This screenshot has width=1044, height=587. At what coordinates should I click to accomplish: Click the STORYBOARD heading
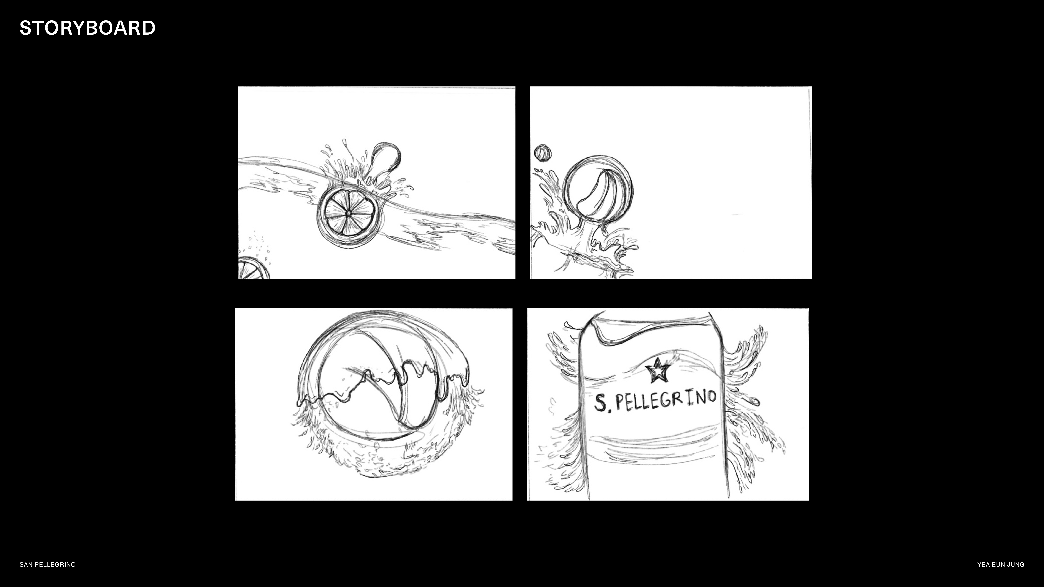click(88, 28)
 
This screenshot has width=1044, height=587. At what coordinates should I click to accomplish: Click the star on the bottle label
click(657, 370)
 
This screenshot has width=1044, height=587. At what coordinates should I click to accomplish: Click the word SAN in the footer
click(26, 564)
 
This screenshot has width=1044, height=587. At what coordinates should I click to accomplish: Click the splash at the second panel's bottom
click(584, 247)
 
